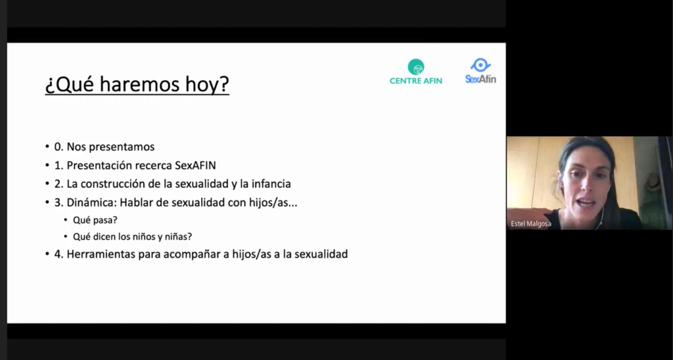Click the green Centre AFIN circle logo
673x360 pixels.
pyautogui.click(x=416, y=66)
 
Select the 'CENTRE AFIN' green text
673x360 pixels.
pyautogui.click(x=416, y=81)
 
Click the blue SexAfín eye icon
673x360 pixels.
pyautogui.click(x=480, y=65)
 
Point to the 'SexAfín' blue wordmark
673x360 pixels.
pyautogui.click(x=480, y=79)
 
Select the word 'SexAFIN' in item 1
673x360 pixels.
pyautogui.click(x=195, y=165)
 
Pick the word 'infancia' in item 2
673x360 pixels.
pyautogui.click(x=271, y=184)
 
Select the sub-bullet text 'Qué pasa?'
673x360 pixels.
pyautogui.click(x=95, y=220)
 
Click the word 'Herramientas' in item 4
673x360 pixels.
pyautogui.click(x=101, y=254)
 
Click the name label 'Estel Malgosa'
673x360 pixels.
pyautogui.click(x=531, y=224)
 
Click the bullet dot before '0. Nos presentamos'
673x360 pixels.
pyautogui.click(x=47, y=147)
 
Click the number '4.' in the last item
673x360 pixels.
pyautogui.click(x=58, y=254)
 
